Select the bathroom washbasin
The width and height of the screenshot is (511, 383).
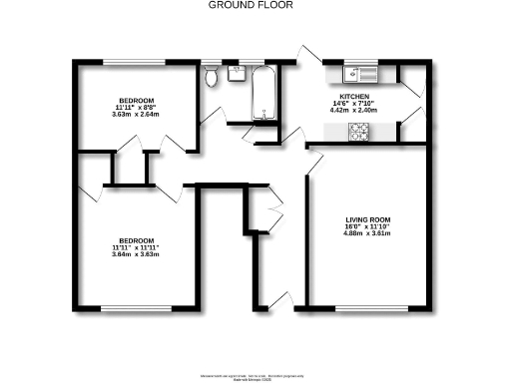pos(237,72)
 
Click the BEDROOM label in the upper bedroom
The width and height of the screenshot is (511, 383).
pos(137,100)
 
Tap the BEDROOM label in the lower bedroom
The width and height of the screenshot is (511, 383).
pos(137,240)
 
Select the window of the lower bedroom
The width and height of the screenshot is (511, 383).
pos(137,309)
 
